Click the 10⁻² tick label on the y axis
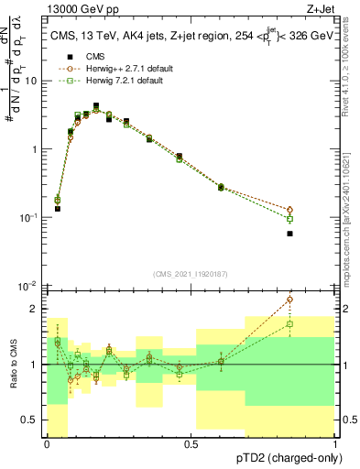(x=32, y=286)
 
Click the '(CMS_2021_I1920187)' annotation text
(x=191, y=274)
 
